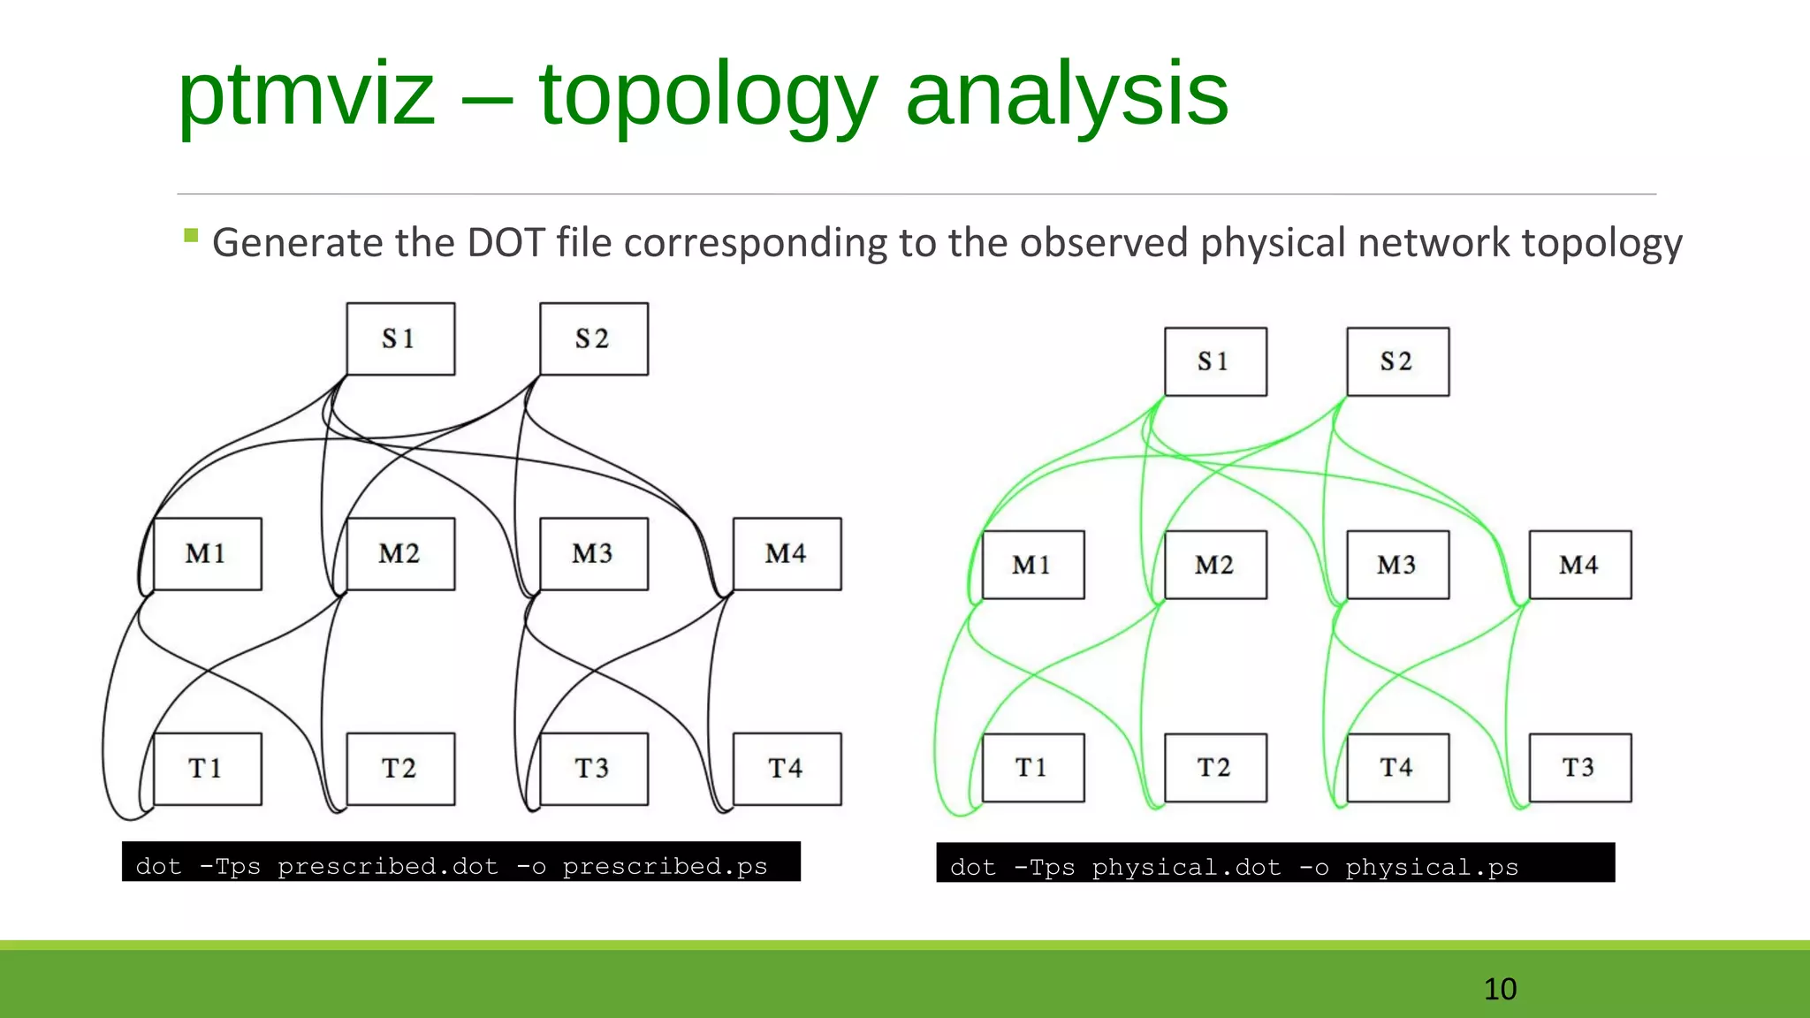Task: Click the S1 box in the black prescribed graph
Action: pyautogui.click(x=400, y=339)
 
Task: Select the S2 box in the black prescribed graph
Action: pyautogui.click(x=593, y=339)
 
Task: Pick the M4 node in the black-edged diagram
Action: pyautogui.click(x=787, y=554)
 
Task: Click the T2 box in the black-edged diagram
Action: pyautogui.click(x=400, y=769)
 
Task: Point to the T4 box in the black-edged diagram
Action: pyautogui.click(x=787, y=769)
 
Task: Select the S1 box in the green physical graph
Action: pyautogui.click(x=1215, y=362)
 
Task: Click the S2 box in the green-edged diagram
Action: pyautogui.click(x=1397, y=362)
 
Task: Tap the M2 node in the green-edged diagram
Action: pyautogui.click(x=1215, y=565)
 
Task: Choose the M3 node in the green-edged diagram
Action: pyautogui.click(x=1397, y=565)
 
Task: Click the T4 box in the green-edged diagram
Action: pyautogui.click(x=1397, y=767)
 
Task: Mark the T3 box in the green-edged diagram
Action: pyautogui.click(x=1579, y=767)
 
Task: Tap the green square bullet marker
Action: pyautogui.click(x=191, y=235)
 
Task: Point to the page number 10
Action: pyautogui.click(x=1500, y=989)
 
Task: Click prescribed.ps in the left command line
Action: pyautogui.click(x=665, y=866)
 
